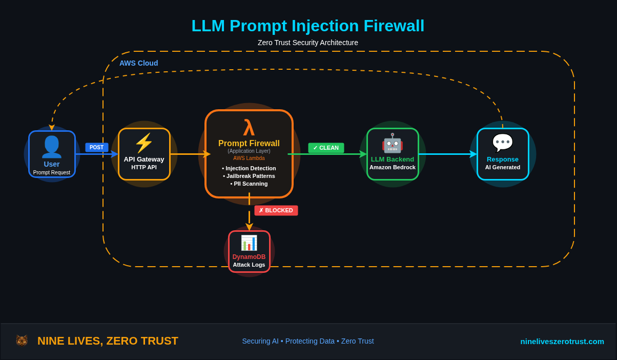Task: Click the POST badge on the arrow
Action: point(96,147)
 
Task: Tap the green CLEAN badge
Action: point(326,148)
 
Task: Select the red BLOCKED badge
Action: point(276,210)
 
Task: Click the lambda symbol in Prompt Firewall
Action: point(249,128)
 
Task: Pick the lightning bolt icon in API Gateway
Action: point(144,143)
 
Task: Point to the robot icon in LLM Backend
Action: point(392,143)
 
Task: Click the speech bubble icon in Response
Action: point(502,143)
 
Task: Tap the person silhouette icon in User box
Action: point(51,147)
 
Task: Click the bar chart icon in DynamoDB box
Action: point(249,243)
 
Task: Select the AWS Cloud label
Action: point(139,63)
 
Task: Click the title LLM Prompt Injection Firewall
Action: point(307,26)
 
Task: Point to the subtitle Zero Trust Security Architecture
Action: point(307,43)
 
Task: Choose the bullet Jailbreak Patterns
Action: point(249,176)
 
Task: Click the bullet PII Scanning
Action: point(249,184)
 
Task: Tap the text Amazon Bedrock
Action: point(393,167)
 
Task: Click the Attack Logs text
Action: point(249,265)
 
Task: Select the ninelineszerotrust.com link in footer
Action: point(562,341)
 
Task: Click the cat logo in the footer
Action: point(22,341)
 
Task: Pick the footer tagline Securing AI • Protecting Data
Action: point(307,341)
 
